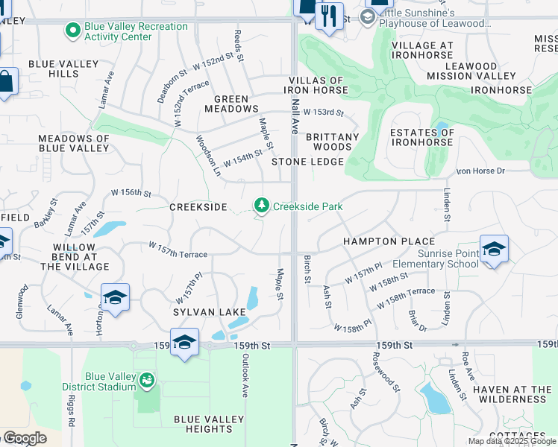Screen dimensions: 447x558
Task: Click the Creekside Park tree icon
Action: coord(261,205)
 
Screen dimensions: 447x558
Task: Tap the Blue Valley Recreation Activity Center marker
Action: coord(72,31)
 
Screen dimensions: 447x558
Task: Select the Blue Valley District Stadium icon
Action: coord(147,381)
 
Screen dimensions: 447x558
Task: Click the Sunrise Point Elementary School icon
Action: coord(493,248)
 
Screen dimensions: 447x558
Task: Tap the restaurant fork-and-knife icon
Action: coord(329,15)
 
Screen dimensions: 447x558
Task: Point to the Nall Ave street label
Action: coord(295,116)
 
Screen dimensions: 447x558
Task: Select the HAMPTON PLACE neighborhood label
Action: coord(389,241)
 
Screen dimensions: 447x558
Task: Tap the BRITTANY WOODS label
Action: coord(333,142)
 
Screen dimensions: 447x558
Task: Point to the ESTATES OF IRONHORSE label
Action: coord(421,137)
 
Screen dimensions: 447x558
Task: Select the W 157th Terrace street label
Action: coord(178,250)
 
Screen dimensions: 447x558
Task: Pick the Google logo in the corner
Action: coord(25,438)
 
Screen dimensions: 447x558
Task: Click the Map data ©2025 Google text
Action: coord(512,441)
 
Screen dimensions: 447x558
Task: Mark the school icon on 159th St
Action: coord(184,342)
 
